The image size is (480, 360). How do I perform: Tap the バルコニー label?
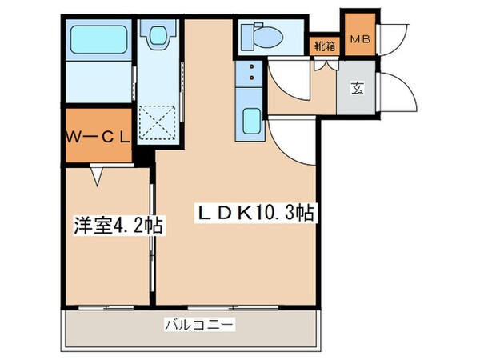pyautogui.click(x=198, y=325)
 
